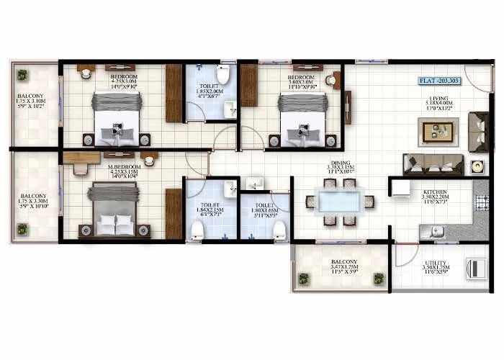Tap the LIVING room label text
439,97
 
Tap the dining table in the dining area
340,202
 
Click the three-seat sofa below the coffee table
433,164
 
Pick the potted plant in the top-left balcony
23,74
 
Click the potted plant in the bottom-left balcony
23,228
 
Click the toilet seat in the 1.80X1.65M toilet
279,230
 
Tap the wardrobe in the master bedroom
174,213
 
